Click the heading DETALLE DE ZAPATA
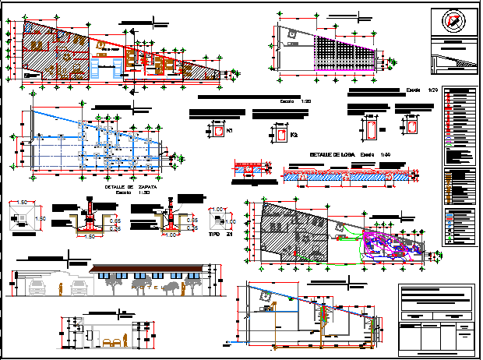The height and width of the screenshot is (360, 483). (x=127, y=187)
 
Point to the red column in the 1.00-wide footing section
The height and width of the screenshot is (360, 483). (x=171, y=215)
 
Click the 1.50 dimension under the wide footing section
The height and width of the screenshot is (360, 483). (x=92, y=235)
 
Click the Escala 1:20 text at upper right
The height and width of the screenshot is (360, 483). (x=421, y=91)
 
